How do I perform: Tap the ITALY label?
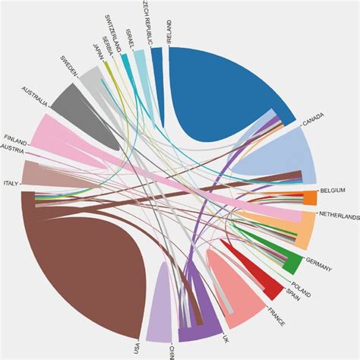pyautogui.click(x=11, y=184)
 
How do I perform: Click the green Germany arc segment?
pyautogui.click(x=291, y=262)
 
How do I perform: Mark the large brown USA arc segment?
pyautogui.click(x=68, y=273)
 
